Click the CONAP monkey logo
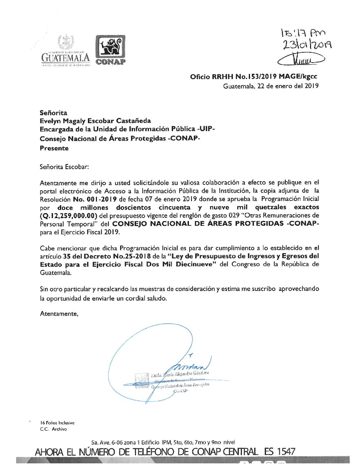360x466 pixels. pyautogui.click(x=111, y=49)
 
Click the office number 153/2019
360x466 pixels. pyautogui.click(x=256, y=77)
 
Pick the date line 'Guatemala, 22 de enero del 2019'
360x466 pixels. pyautogui.click(x=271, y=86)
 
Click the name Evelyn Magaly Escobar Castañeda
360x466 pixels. pyautogui.click(x=95, y=121)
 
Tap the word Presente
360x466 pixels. pyautogui.click(x=54, y=148)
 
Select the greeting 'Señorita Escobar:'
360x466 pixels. pyautogui.click(x=64, y=167)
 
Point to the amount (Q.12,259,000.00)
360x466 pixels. pyautogui.click(x=68, y=216)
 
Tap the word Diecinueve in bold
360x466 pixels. pyautogui.click(x=196, y=264)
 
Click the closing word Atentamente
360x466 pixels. pyautogui.click(x=59, y=314)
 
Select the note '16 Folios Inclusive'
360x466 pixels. pyautogui.click(x=57, y=423)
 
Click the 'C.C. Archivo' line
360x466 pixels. pyautogui.click(x=53, y=429)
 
